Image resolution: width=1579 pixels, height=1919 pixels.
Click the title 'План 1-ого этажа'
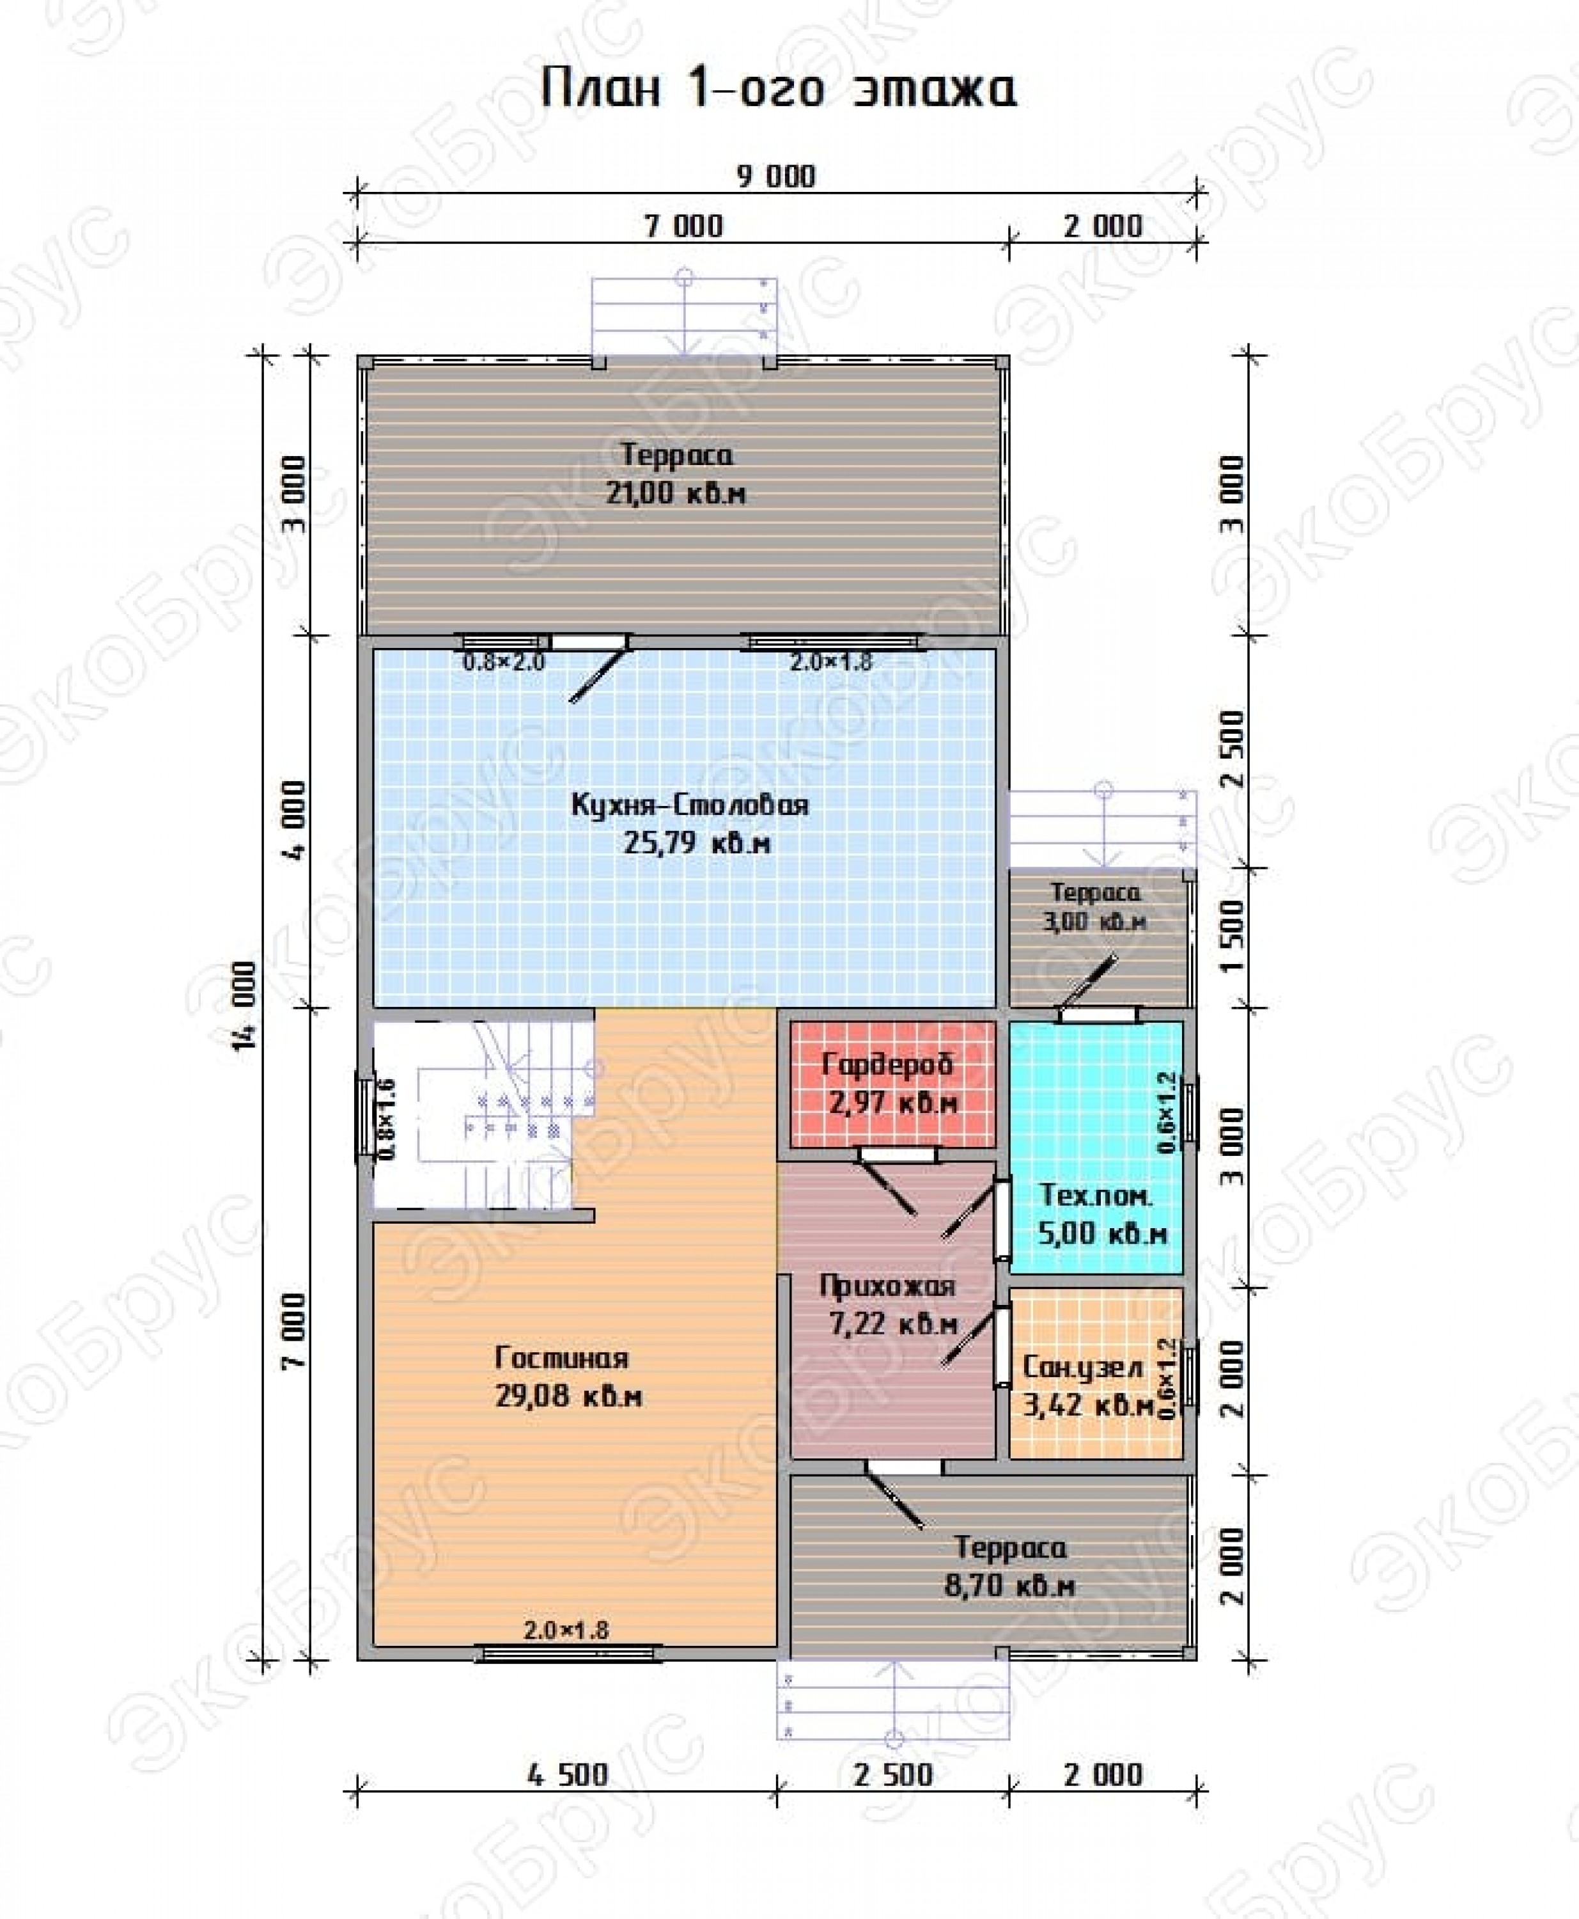(779, 89)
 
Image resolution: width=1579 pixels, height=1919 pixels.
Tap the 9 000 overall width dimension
(776, 176)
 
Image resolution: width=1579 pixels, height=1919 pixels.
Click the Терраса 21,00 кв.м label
(676, 474)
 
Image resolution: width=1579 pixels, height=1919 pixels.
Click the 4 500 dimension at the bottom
(568, 1774)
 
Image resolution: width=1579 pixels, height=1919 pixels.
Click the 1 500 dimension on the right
(1233, 937)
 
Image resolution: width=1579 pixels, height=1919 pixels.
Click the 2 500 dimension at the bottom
(893, 1774)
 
